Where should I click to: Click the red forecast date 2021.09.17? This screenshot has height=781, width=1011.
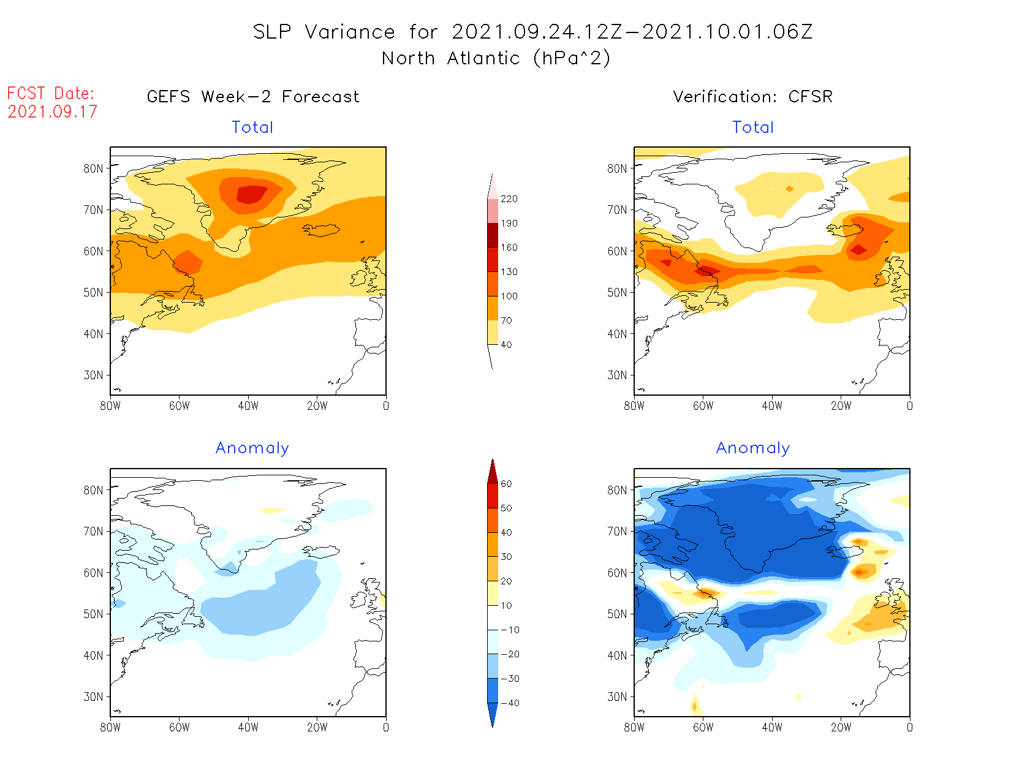[53, 112]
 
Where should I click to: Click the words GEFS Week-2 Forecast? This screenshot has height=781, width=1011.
[253, 97]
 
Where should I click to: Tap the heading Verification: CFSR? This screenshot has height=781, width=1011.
[752, 97]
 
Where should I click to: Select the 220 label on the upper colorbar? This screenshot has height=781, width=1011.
[509, 199]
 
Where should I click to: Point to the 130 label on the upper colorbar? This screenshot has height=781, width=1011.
[509, 272]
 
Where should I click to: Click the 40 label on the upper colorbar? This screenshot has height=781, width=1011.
[506, 345]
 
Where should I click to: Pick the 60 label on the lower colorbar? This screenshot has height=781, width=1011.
[506, 484]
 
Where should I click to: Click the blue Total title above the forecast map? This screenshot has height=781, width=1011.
[252, 127]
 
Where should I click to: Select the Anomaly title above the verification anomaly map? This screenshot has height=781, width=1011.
[753, 448]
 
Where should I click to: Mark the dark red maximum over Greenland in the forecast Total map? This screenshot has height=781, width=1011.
[251, 194]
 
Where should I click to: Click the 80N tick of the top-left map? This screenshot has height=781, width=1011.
[93, 168]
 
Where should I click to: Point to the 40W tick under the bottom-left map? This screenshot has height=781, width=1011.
[248, 728]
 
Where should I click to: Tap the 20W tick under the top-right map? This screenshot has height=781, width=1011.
[841, 406]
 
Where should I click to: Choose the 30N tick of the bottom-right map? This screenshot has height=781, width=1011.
[617, 697]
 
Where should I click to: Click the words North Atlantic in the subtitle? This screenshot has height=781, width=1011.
[408, 59]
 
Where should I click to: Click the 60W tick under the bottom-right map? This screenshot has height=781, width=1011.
[703, 728]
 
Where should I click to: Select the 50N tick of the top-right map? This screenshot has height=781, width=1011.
[617, 293]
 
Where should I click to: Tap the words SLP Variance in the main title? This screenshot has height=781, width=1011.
[324, 32]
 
